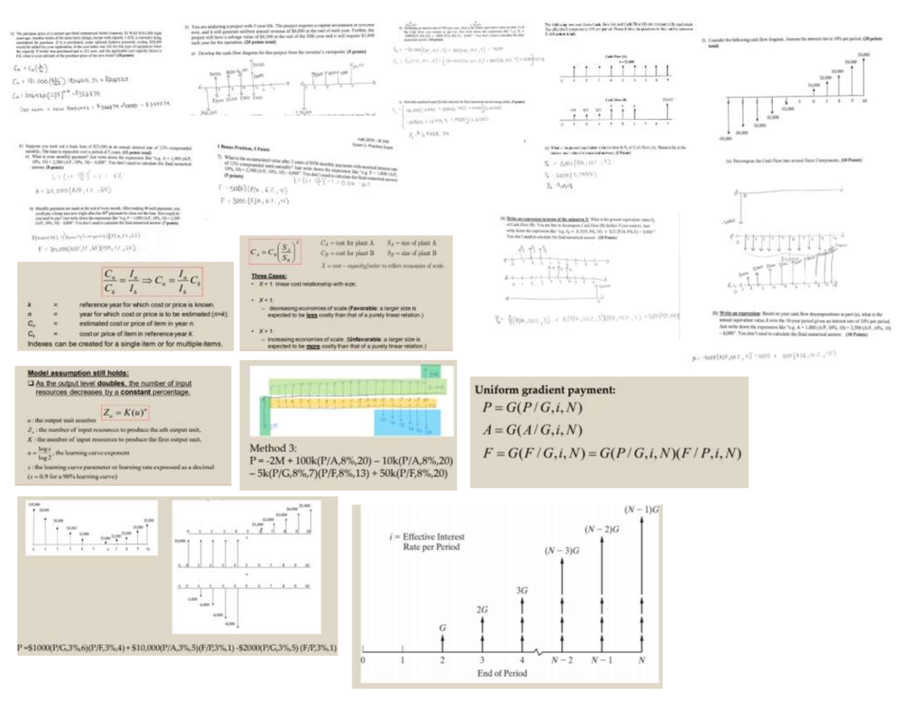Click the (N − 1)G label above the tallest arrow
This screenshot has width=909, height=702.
[642, 511]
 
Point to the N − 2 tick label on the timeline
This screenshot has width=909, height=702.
[561, 660]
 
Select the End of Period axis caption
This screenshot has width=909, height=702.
[501, 672]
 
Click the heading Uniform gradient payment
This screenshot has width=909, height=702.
[545, 391]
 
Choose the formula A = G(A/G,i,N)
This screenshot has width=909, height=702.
[532, 431]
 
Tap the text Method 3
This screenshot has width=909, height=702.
[271, 448]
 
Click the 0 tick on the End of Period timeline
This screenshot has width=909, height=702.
[364, 660]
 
